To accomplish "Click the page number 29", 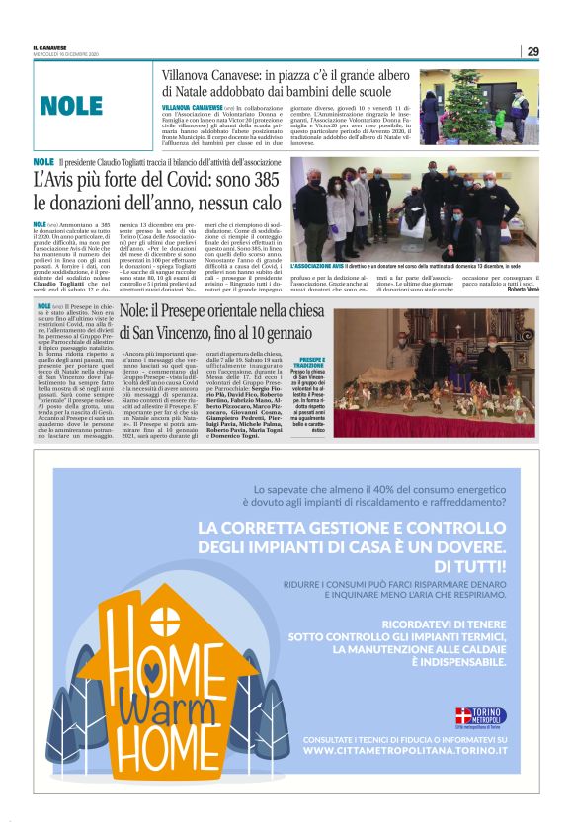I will tap(532, 51).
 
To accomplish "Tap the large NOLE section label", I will tap(71, 106).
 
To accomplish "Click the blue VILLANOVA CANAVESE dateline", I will tap(194, 106).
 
